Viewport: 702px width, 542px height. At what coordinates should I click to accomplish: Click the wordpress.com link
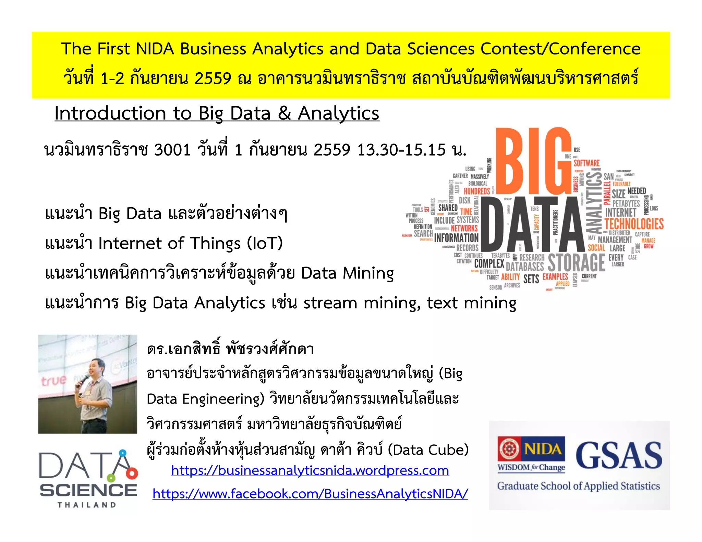310,470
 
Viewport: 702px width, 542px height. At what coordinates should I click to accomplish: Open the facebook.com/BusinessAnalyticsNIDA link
310,494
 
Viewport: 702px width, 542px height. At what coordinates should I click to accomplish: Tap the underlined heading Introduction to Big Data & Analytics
217,113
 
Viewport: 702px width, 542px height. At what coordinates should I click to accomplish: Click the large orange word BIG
533,161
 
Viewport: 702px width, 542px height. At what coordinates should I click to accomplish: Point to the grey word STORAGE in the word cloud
577,263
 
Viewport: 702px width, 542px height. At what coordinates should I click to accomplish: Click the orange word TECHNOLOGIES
634,224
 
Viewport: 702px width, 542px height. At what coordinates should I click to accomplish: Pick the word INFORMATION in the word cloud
456,238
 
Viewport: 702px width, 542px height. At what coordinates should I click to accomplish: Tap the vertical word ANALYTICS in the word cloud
595,202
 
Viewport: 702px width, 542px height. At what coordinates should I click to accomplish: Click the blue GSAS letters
619,455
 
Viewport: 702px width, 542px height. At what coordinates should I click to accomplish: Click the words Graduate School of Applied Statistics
578,486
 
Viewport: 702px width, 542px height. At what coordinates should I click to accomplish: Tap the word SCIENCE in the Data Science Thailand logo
88,490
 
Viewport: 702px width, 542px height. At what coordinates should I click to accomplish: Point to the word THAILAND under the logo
87,505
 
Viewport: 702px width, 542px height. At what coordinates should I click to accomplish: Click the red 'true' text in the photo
53,380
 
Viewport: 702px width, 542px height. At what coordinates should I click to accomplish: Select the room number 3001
172,150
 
